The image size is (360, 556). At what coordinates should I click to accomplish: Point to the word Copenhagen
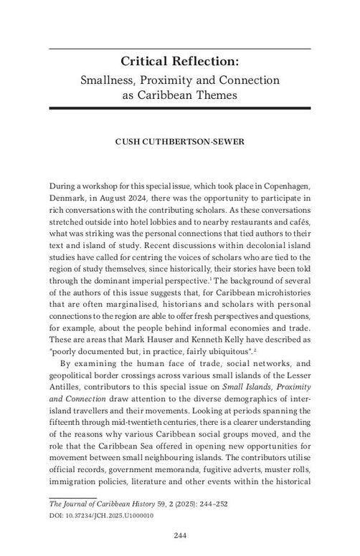pyautogui.click(x=280, y=185)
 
